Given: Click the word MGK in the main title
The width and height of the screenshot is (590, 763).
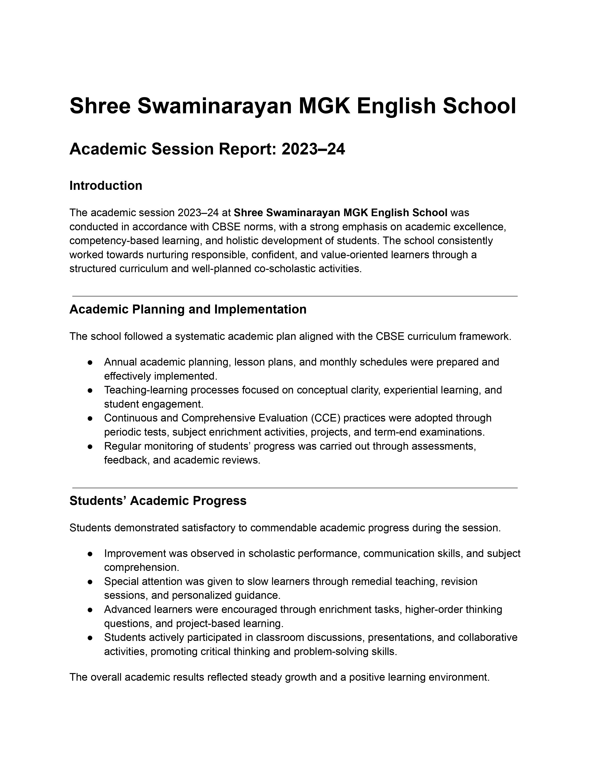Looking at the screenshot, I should coord(324,106).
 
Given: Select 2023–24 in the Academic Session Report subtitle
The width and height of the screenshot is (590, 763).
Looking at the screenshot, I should coord(313,149).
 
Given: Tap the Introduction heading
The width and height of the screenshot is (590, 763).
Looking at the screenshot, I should coord(106,185).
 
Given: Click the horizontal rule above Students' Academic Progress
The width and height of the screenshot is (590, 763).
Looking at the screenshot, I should coord(295,488).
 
